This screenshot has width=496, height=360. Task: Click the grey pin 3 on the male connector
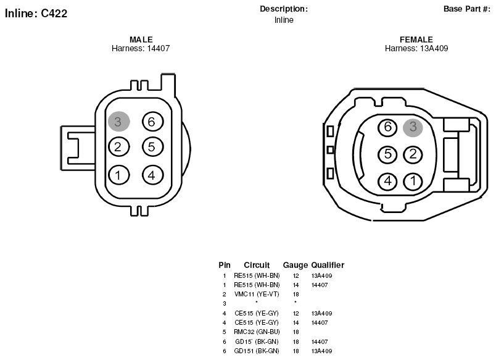[119, 121]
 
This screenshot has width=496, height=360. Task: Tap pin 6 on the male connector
[153, 121]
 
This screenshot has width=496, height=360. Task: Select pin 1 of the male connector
[119, 175]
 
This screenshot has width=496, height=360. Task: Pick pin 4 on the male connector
[153, 175]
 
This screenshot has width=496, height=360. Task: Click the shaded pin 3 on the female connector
[413, 127]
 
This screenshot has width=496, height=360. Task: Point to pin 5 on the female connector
[387, 154]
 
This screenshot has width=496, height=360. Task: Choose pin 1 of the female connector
[413, 181]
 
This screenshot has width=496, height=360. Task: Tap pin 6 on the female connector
[387, 127]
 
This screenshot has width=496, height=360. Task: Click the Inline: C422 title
[36, 14]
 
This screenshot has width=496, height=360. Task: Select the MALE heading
[141, 40]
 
